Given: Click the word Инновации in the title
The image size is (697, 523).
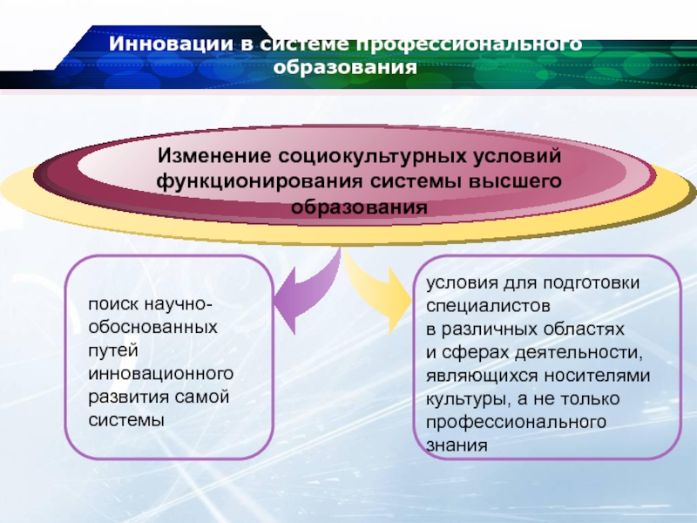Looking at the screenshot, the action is (171, 44).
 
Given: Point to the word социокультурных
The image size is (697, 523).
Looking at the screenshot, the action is (372, 157).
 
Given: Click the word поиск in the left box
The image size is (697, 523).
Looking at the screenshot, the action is (112, 304).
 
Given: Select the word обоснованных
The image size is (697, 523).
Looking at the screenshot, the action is (153, 328).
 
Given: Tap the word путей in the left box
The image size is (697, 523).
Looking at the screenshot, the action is (113, 351).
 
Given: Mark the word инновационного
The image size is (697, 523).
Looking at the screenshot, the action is (161, 374).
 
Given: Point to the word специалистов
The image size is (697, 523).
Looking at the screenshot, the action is (488, 306).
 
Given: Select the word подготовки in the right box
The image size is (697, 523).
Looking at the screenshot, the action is (592, 283).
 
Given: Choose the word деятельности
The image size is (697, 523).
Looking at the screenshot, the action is (579, 353).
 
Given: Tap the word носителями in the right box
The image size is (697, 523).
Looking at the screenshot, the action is (597, 376).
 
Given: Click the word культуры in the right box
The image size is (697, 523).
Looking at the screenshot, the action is (467, 399).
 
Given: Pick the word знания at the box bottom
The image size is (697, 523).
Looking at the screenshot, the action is (457, 445).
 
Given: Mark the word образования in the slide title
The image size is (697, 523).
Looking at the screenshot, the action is (345, 68).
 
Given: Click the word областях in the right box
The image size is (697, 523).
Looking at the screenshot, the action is (581, 329).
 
